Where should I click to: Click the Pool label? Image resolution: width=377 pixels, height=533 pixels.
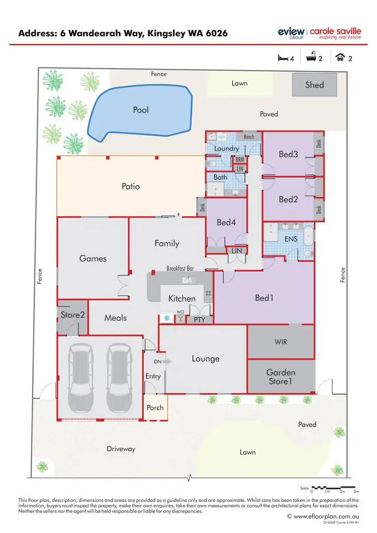141,110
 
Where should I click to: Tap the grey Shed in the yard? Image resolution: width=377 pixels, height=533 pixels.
315,85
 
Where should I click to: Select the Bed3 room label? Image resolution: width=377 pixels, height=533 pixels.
288,154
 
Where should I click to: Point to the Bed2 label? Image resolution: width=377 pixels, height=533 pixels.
288,199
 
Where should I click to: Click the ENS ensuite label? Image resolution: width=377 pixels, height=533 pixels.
291,239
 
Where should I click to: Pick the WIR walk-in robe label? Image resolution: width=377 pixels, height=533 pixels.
281,342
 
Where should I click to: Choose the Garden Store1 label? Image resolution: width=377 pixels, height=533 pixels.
281,377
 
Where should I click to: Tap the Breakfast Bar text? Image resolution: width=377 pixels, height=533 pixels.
180,269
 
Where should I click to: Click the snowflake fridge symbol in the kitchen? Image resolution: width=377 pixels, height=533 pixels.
166,318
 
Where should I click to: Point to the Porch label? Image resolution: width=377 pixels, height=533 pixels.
155,407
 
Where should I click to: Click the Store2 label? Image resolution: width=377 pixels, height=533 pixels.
72,315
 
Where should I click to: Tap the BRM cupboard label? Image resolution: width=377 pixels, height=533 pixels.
240,159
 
